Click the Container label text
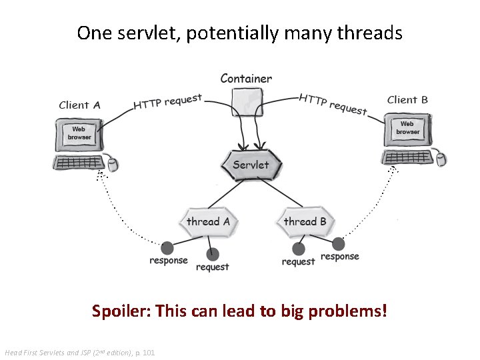click(x=246, y=79)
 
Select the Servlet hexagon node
click(x=251, y=165)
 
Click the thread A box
click(x=208, y=222)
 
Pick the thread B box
click(x=305, y=222)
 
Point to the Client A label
click(x=79, y=105)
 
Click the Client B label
click(x=407, y=100)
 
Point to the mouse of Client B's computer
click(x=440, y=159)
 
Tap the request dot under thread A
click(x=213, y=254)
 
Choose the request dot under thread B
click(x=299, y=249)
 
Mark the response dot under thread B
click(x=339, y=243)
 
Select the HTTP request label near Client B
click(x=333, y=103)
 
